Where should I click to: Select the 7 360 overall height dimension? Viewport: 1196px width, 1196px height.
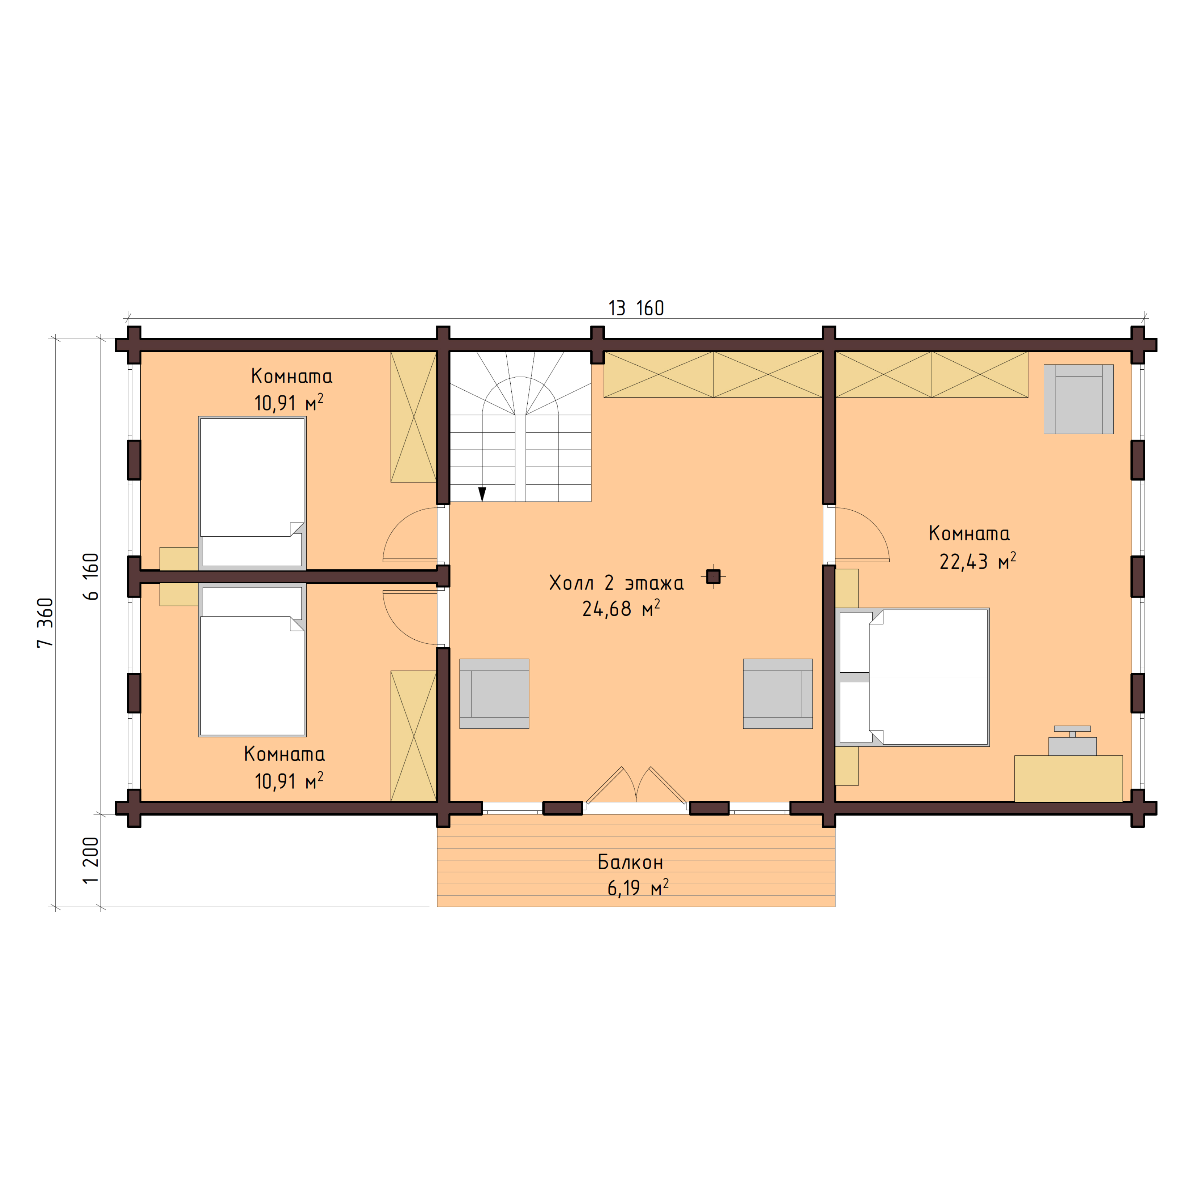pyautogui.click(x=46, y=623)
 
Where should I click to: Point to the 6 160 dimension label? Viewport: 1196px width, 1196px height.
pyautogui.click(x=91, y=576)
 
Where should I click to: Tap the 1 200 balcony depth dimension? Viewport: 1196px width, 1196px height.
pyautogui.click(x=91, y=860)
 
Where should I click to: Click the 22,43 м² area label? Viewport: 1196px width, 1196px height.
pyautogui.click(x=977, y=561)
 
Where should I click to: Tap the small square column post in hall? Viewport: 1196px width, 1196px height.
pyautogui.click(x=713, y=576)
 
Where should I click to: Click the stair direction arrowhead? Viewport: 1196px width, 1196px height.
pyautogui.click(x=482, y=493)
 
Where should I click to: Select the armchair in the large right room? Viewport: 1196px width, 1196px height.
pyautogui.click(x=1078, y=399)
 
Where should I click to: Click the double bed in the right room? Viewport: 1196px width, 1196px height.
pyautogui.click(x=913, y=677)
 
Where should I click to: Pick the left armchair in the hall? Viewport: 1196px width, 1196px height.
pyautogui.click(x=494, y=693)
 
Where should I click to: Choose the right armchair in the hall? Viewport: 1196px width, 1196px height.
pyautogui.click(x=777, y=693)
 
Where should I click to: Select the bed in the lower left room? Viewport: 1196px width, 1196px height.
pyautogui.click(x=252, y=661)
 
